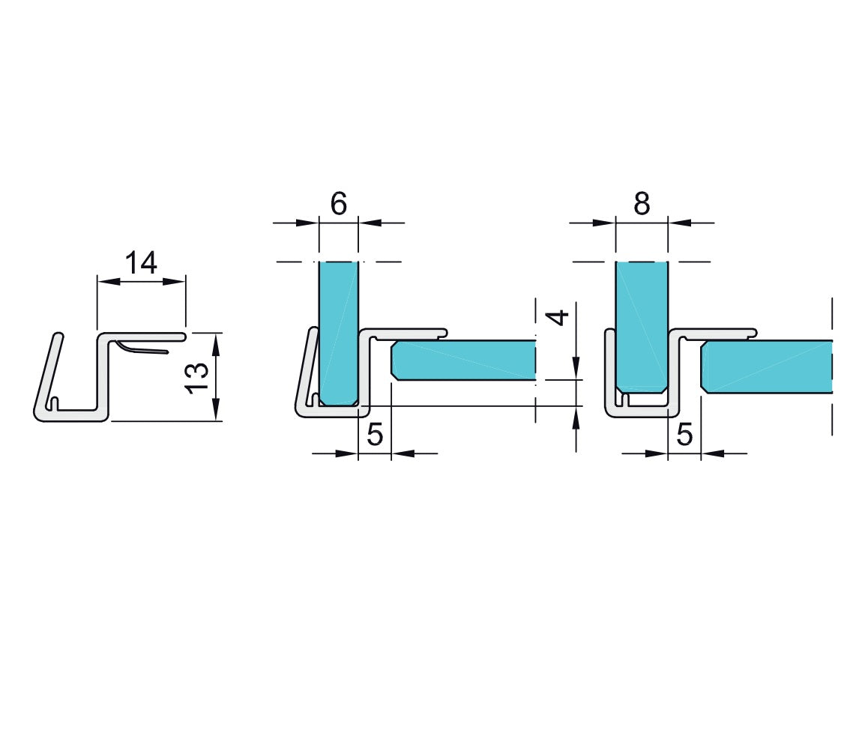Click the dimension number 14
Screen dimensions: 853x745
(x=141, y=262)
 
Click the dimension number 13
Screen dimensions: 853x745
(x=197, y=378)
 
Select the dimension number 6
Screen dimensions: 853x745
(x=338, y=204)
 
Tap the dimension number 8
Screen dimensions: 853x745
(x=642, y=204)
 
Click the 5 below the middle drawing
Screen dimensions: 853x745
(x=375, y=435)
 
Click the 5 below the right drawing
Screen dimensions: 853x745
(x=684, y=435)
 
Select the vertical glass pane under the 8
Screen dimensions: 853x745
(x=642, y=326)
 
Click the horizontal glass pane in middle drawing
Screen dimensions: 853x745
(x=463, y=360)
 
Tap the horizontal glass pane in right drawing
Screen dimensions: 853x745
(x=767, y=367)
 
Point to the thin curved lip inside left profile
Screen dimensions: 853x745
(x=142, y=348)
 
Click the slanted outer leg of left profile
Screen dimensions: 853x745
(x=48, y=375)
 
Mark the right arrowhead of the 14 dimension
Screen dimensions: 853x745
(x=174, y=282)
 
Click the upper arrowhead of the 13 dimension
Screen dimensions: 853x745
(x=216, y=344)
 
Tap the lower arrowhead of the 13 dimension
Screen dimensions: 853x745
(x=216, y=409)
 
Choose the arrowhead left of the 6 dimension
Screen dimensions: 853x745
(x=307, y=223)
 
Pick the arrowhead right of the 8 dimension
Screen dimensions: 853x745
(x=680, y=223)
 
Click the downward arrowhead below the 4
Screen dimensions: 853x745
(x=576, y=367)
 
